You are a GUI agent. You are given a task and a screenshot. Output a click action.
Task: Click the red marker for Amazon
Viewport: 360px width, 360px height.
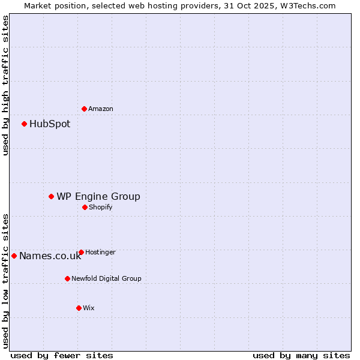coord(84,109)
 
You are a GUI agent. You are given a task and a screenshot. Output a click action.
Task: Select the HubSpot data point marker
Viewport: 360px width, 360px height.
coord(24,124)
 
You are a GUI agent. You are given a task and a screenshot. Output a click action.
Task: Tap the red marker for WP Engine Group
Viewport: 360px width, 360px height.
coord(51,196)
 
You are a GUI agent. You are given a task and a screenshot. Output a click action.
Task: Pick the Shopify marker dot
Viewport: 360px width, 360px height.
coord(85,207)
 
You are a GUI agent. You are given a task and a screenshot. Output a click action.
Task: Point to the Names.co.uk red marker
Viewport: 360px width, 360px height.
coord(14,256)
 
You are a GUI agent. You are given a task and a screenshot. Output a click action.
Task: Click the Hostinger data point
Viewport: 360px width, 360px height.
coord(81,252)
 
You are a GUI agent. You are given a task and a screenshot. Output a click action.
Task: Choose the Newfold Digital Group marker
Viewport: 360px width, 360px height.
coord(67,278)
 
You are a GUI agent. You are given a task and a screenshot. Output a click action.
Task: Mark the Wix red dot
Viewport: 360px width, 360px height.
coord(79,308)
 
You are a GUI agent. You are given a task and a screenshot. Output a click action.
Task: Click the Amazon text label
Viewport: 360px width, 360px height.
coord(101,109)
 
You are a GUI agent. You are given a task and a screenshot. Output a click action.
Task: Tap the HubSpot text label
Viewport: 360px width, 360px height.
coord(50,124)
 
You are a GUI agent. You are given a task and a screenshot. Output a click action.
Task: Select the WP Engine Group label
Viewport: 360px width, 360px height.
coord(98,197)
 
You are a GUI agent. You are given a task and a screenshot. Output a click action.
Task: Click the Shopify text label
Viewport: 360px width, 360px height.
coord(101,207)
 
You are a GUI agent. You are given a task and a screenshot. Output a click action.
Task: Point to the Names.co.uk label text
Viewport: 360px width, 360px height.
coord(50,256)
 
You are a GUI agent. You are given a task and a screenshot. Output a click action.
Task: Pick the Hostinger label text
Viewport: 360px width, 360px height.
coord(100,252)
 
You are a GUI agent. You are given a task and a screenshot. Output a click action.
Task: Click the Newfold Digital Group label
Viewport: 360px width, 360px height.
coord(106,278)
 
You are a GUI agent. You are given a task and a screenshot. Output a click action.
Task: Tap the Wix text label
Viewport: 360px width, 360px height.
coord(89,308)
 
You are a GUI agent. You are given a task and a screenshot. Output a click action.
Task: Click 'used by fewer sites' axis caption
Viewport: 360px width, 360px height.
coord(62,355)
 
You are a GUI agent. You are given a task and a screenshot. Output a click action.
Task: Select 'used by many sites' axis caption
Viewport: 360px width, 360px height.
coord(301,355)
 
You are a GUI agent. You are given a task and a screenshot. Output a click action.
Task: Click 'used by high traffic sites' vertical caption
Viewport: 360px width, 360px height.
coord(5,86)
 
